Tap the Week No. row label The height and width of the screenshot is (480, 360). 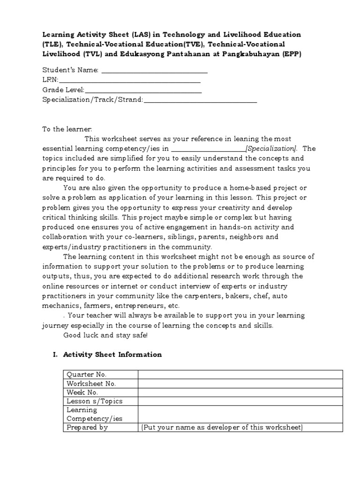(82, 392)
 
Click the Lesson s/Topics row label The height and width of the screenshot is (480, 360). (90, 401)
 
